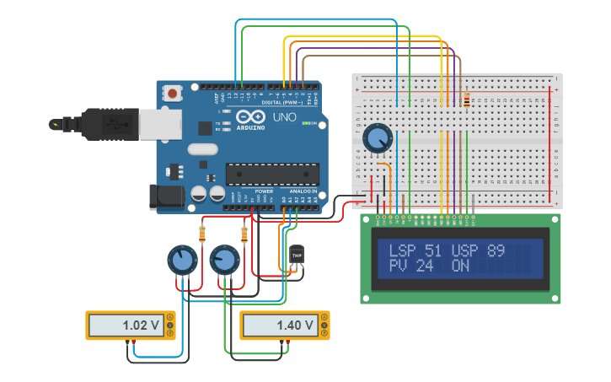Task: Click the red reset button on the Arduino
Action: tap(173, 93)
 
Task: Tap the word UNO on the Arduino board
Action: tap(285, 117)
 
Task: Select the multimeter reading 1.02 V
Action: tap(131, 325)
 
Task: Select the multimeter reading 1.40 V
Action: tap(285, 325)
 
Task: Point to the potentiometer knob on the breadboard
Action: tap(378, 137)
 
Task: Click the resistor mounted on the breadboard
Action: tap(467, 100)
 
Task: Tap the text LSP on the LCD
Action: tap(404, 250)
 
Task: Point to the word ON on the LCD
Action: tap(460, 266)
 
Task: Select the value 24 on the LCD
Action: tap(424, 266)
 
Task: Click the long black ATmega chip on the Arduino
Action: tap(271, 175)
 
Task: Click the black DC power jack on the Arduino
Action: tap(164, 196)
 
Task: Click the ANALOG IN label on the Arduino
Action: tap(303, 191)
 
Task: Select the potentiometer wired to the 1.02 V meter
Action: tap(182, 260)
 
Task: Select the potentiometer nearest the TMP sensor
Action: tap(224, 260)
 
